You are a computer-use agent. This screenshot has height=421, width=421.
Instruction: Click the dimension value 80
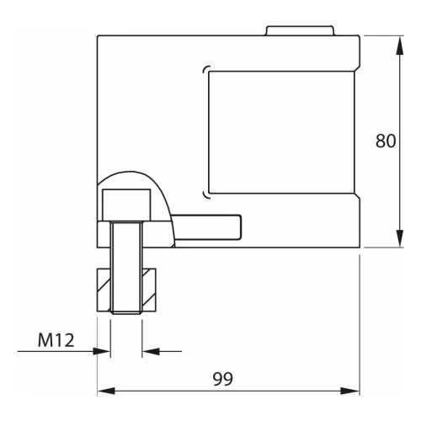386,141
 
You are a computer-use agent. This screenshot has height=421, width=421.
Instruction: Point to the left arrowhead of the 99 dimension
104,391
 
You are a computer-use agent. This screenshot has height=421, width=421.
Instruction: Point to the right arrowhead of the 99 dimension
354,391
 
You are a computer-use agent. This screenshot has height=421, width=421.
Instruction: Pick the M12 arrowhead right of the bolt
149,350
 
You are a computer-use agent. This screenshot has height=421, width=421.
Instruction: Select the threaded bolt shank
125,269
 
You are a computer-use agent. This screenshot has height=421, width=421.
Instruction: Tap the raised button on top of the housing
301,31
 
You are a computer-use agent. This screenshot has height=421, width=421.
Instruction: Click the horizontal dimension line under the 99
278,391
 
